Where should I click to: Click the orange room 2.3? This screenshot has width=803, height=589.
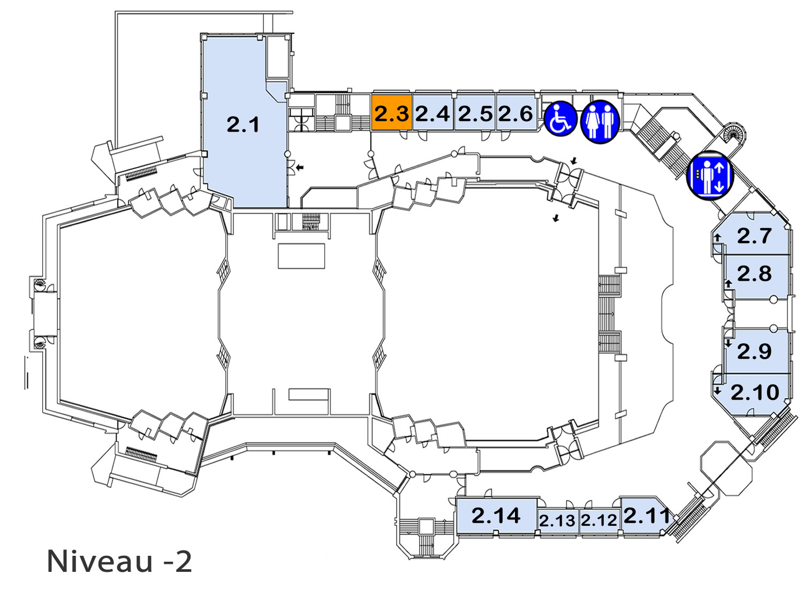[x=391, y=112]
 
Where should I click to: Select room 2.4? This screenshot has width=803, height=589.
[x=433, y=112]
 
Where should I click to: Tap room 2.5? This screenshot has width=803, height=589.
[x=475, y=112]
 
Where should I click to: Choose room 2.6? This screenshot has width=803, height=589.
[x=516, y=112]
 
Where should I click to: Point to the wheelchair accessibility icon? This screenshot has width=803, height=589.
[x=560, y=119]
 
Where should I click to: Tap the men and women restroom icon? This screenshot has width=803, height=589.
[x=600, y=122]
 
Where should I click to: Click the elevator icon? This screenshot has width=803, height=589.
[x=710, y=176]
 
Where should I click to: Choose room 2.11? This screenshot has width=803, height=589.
[x=645, y=517]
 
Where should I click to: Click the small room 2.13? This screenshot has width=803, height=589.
[x=557, y=522]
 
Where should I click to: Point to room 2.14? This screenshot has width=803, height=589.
[x=496, y=516]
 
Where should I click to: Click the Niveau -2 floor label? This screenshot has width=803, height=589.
[x=119, y=561]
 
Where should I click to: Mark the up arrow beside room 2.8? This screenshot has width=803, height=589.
[x=728, y=284]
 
